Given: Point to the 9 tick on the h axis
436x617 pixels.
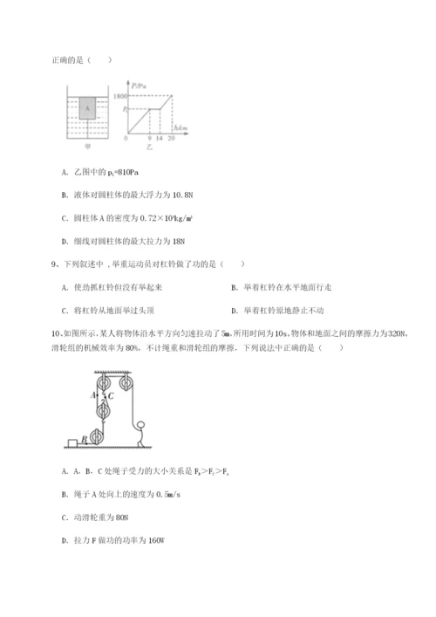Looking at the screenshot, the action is (150, 138).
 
